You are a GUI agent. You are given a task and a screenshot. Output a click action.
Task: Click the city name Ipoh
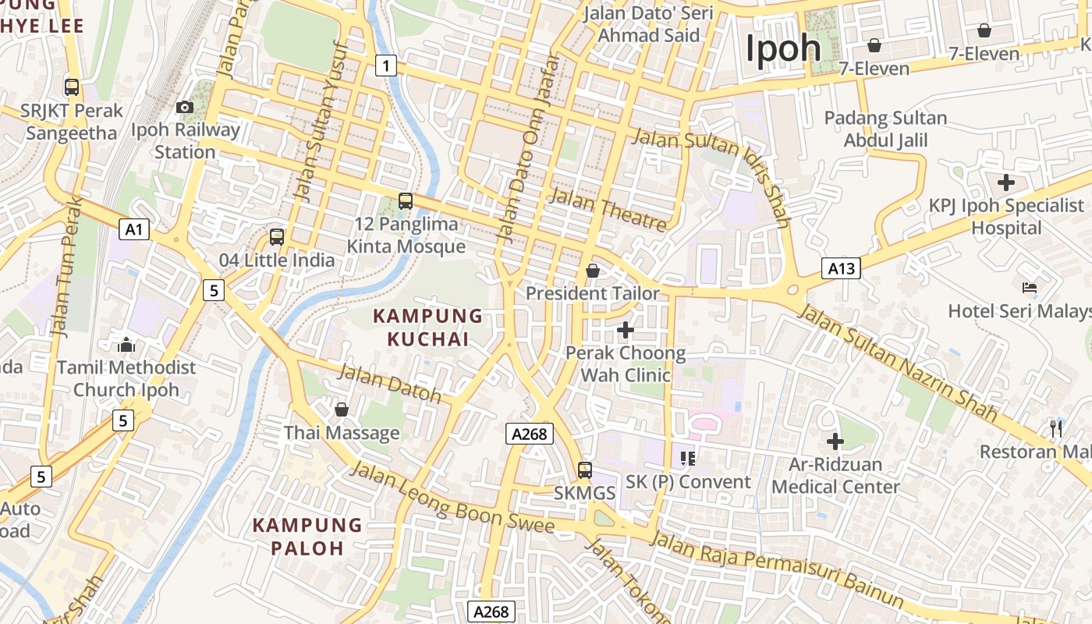(x=783, y=48)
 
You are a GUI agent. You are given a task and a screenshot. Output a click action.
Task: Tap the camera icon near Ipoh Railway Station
(x=185, y=107)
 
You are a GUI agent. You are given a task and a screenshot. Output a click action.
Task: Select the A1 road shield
(x=135, y=229)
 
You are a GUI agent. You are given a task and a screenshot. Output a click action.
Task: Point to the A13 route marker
(x=842, y=269)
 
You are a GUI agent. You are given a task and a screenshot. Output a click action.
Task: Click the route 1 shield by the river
(x=385, y=65)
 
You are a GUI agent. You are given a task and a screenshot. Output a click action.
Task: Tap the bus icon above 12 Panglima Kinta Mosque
(x=406, y=201)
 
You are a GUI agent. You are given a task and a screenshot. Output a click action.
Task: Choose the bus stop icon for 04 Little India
(x=277, y=237)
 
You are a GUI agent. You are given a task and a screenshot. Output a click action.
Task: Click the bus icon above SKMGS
(x=585, y=470)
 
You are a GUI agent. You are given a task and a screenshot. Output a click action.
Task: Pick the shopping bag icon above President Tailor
(x=593, y=271)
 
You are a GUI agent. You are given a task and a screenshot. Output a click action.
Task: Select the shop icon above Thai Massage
(x=342, y=409)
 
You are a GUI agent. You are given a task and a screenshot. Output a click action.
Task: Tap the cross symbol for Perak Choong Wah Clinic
(x=626, y=330)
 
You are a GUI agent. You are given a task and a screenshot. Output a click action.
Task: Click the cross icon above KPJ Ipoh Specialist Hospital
(x=1006, y=183)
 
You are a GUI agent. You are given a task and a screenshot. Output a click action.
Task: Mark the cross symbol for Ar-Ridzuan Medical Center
(x=835, y=441)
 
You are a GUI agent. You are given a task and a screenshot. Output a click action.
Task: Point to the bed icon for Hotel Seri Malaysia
(x=1030, y=288)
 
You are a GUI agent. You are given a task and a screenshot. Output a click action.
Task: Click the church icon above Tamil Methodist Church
(x=126, y=345)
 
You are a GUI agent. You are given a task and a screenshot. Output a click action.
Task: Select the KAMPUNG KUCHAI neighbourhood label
(x=428, y=328)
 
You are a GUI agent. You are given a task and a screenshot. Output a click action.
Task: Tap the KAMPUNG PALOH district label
(x=307, y=536)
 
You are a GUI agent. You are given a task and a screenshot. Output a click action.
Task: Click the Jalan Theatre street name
(x=608, y=209)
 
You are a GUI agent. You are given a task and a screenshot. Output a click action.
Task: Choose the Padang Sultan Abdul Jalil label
(x=886, y=129)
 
